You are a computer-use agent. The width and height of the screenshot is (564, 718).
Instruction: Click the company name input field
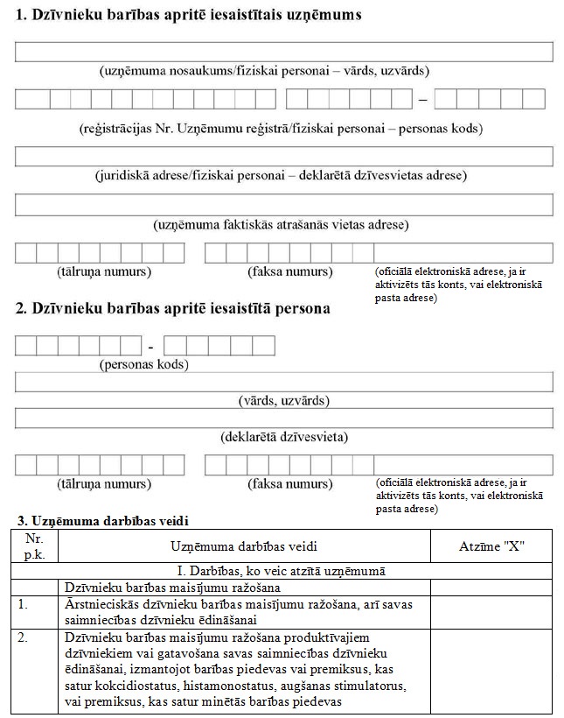coord(284,52)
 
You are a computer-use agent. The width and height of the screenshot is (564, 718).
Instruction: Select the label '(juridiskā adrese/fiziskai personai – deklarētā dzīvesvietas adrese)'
coord(281,175)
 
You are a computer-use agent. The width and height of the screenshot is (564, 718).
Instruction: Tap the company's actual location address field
coord(284,205)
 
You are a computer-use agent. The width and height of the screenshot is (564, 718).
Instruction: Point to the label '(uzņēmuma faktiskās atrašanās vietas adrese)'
coord(281,225)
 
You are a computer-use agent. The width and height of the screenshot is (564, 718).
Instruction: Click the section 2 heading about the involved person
coord(173,308)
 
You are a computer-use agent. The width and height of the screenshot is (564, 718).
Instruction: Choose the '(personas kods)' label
coord(144,363)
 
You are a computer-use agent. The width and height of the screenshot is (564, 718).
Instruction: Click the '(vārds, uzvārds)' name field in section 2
coord(284,382)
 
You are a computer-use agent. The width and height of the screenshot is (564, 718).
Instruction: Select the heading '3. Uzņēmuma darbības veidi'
coord(102,521)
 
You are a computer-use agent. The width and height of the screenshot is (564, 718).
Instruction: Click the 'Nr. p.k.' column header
coord(34,546)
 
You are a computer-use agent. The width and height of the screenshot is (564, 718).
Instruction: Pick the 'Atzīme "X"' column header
coord(491,546)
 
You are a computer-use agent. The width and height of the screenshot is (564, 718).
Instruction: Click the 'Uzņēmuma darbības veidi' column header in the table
coord(244,546)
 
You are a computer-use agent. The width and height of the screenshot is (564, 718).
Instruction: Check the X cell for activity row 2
coord(491,670)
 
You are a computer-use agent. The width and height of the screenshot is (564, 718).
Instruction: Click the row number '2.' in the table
coord(24,637)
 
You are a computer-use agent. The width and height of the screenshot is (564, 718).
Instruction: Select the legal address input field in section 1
coord(284,157)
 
